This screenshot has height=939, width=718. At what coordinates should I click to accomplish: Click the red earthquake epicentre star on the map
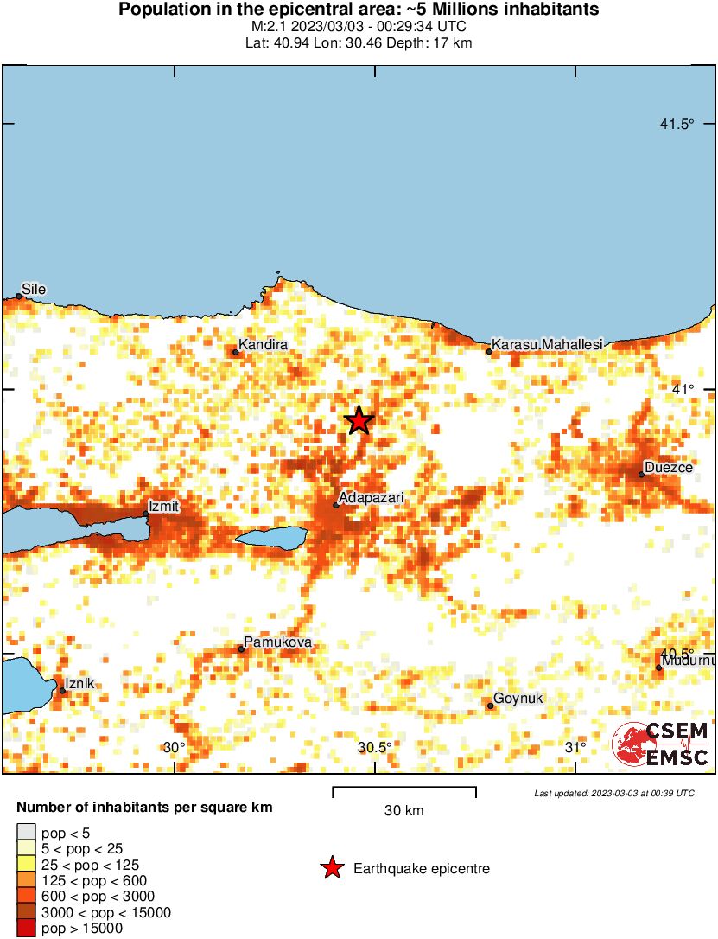(359, 420)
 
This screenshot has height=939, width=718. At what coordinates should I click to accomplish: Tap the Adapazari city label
(372, 498)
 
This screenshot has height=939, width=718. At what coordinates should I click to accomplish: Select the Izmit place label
(163, 506)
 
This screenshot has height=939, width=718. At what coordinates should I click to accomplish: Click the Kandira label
(263, 345)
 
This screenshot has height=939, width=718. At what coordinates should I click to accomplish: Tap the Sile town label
(34, 289)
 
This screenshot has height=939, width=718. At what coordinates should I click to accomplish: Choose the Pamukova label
(277, 642)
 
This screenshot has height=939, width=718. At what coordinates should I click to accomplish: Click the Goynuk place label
(518, 699)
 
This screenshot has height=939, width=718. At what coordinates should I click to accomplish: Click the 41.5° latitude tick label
(677, 125)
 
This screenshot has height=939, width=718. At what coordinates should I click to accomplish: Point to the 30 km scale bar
(404, 790)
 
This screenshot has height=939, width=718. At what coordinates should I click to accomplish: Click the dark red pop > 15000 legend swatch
(26, 929)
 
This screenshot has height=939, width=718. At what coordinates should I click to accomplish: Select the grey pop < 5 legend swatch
(26, 834)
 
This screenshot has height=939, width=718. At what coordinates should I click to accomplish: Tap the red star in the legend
(331, 868)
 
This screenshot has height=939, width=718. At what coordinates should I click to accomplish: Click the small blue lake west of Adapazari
(272, 538)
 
